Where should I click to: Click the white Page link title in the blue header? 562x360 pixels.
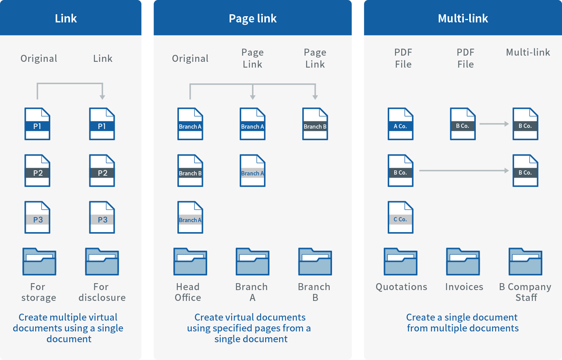(x=252, y=19)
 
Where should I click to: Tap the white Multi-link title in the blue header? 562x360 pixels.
(x=463, y=19)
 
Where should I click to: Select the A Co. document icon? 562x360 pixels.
(x=400, y=124)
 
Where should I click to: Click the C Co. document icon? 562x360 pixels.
(x=400, y=217)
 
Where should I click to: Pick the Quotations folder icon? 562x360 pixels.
(x=400, y=262)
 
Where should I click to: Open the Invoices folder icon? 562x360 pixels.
(x=463, y=262)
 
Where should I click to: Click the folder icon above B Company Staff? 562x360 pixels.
(x=525, y=262)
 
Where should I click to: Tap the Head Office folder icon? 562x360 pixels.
(x=190, y=262)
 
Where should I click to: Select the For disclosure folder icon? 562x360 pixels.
(x=102, y=262)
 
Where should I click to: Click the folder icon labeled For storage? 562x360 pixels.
(x=39, y=262)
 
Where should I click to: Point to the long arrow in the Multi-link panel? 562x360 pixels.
(x=463, y=170)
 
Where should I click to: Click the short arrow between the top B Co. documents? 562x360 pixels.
(x=494, y=124)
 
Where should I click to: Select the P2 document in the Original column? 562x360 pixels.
(x=37, y=171)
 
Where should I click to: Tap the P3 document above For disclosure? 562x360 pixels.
(x=102, y=217)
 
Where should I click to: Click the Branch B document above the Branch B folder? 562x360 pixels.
(x=315, y=124)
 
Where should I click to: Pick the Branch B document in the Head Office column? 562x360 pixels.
(x=190, y=171)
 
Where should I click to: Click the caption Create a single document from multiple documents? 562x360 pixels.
(x=462, y=323)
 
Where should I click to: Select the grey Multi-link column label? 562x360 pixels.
(x=528, y=53)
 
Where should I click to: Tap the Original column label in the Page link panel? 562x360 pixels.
(x=190, y=58)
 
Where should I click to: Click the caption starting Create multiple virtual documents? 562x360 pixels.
(x=68, y=328)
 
